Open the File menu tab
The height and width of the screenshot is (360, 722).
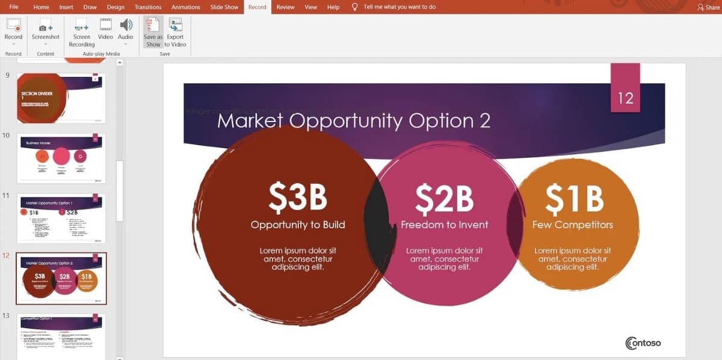pos(14,7)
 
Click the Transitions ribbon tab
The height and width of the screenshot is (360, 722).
pos(147,7)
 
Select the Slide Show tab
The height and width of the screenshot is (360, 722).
pos(223,7)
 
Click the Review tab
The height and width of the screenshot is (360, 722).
pos(285,7)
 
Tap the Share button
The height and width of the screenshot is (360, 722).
pos(708,7)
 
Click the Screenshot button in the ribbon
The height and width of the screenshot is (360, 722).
pos(46,30)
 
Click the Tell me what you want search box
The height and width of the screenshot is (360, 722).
pos(400,7)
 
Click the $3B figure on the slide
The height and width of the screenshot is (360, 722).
pos(298,197)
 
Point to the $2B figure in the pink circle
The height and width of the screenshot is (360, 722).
pos(444,199)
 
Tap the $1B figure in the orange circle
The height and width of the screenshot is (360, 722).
pos(573,199)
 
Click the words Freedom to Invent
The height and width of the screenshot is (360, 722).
pos(445,225)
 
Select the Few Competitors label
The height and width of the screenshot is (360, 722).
pos(572,225)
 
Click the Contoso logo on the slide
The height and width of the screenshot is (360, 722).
pos(643,343)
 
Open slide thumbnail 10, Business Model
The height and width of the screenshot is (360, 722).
pos(61,158)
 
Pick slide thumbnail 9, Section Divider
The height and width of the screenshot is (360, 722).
pos(61,98)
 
